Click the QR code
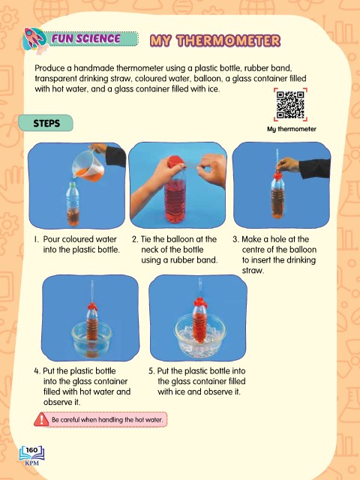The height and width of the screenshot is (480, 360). click(x=290, y=105)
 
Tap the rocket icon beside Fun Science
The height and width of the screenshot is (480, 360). click(x=35, y=40)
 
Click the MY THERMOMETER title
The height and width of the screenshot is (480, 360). click(x=215, y=40)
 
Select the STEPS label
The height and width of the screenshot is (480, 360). click(x=46, y=123)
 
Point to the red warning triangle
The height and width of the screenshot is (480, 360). click(x=42, y=419)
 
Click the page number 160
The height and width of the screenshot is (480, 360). click(x=31, y=450)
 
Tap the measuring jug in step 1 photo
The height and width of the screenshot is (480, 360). click(x=88, y=166)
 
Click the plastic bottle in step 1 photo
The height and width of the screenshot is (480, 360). click(x=73, y=204)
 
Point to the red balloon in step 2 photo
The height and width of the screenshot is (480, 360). click(x=175, y=161)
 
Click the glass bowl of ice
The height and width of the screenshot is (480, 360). click(x=199, y=337)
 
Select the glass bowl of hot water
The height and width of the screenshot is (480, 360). click(x=91, y=339)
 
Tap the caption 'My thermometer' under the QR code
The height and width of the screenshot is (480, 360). click(x=292, y=129)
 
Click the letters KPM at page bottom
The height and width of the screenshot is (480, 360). click(x=31, y=463)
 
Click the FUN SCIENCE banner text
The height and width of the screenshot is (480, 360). click(x=86, y=38)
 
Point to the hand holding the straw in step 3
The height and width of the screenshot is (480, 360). click(x=287, y=165)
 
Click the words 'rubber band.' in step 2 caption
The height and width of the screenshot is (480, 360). click(x=194, y=260)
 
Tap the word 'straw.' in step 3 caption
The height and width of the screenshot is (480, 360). click(x=253, y=271)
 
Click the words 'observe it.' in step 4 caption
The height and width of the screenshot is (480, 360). click(x=61, y=402)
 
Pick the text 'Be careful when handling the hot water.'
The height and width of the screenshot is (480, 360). click(x=107, y=420)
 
